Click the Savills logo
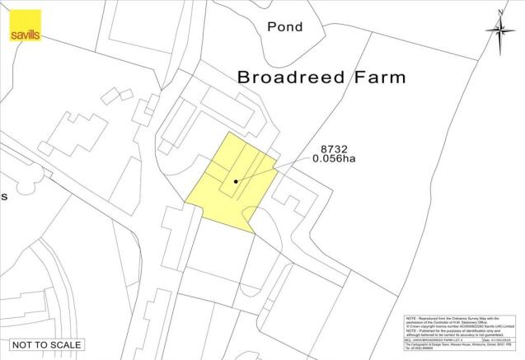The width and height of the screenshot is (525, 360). point(24,26)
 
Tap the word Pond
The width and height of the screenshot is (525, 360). point(285,27)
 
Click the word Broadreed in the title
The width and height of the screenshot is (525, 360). point(292,77)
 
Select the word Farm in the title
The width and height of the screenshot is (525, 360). point(377,77)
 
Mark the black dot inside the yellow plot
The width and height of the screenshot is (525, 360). point(236,181)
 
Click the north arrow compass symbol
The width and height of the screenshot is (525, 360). point(500,30)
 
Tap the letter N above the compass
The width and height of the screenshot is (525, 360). point(501,11)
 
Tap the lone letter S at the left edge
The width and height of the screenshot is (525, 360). point(4,197)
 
